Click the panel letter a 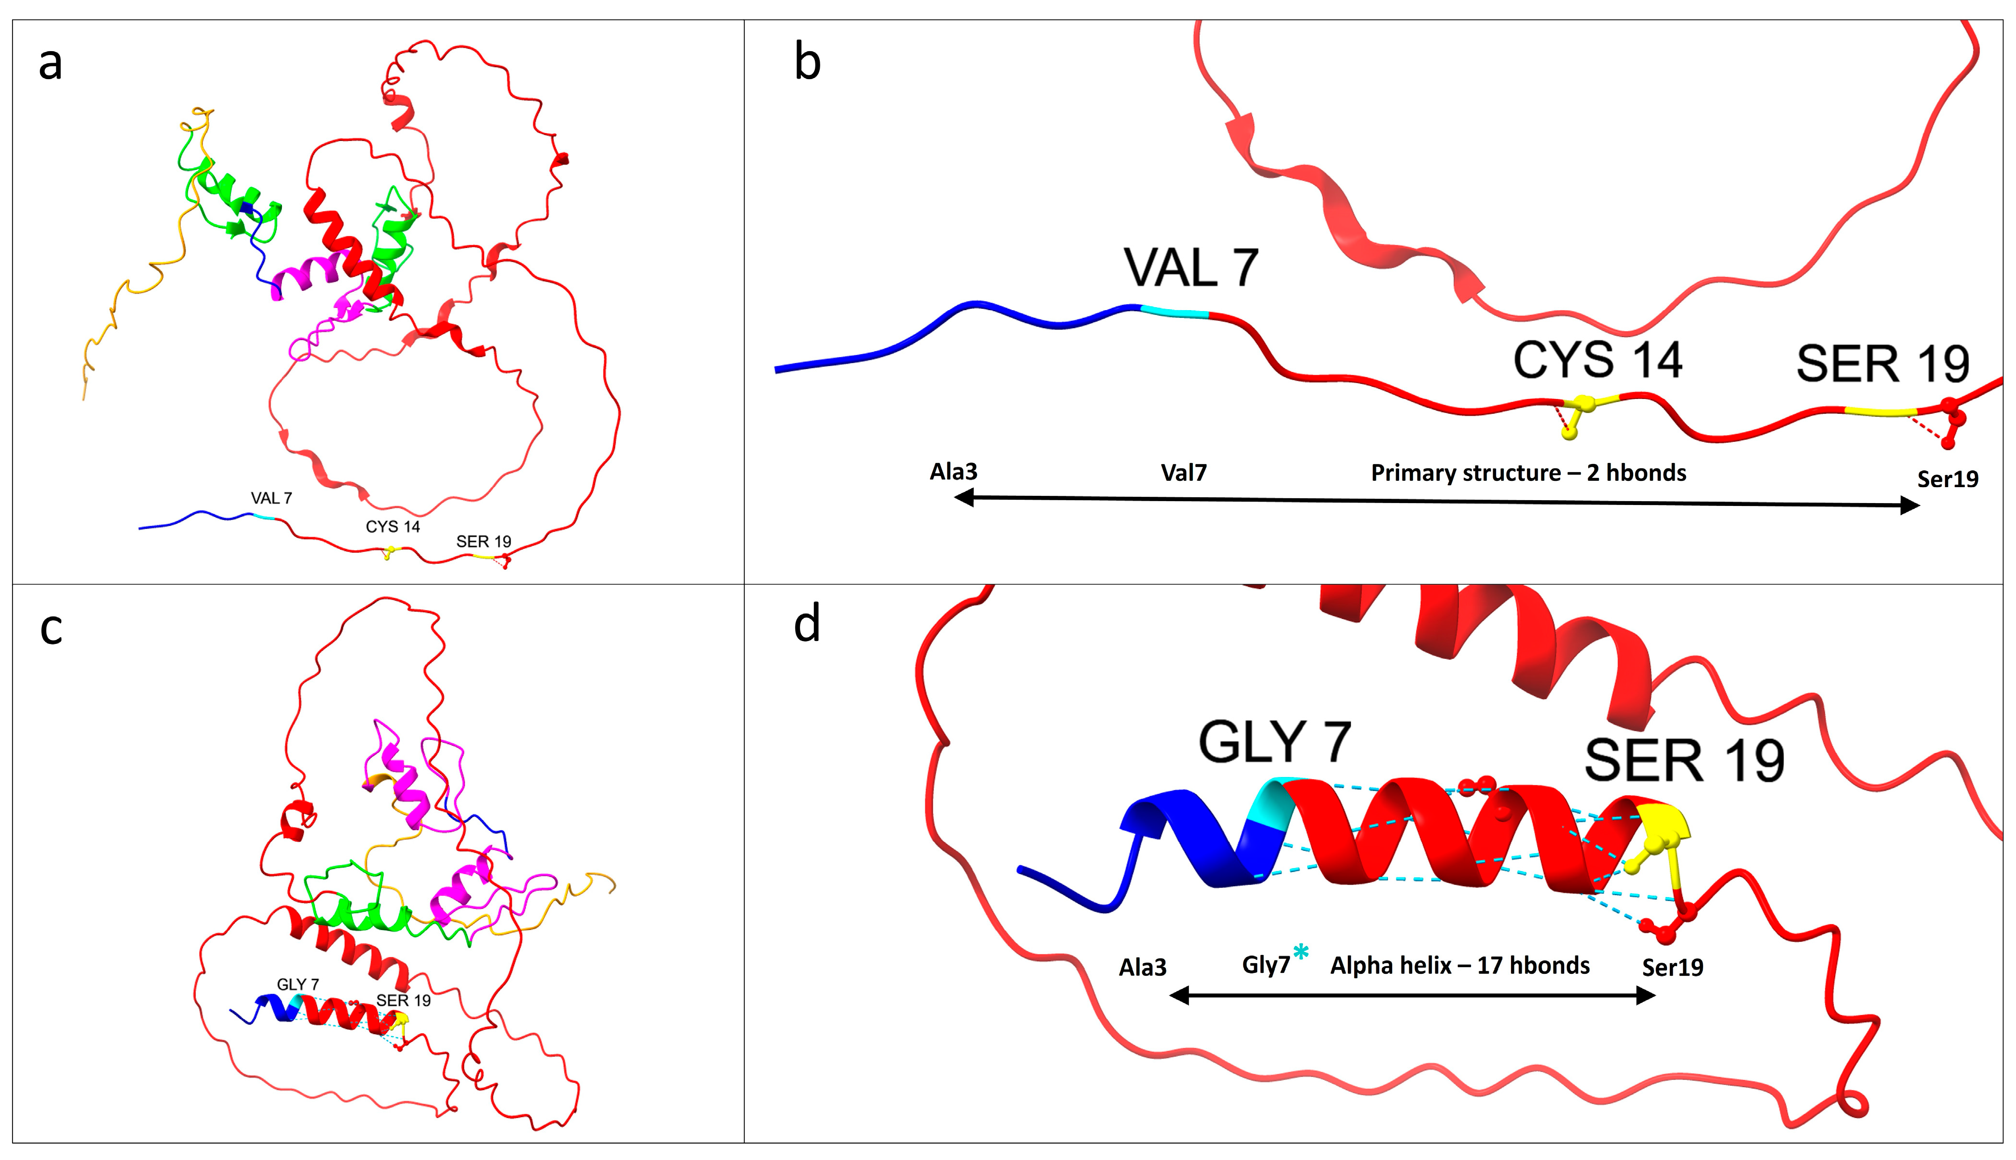50,64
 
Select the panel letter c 51,629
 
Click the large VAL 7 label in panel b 1191,269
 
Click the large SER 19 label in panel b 1882,365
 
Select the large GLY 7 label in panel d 1274,742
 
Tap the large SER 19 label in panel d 1683,761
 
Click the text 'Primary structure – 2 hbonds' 1528,473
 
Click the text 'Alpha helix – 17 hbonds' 1459,966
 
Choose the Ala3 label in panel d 1142,967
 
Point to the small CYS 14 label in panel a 392,527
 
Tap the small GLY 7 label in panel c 297,985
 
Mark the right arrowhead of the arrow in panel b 1909,505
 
